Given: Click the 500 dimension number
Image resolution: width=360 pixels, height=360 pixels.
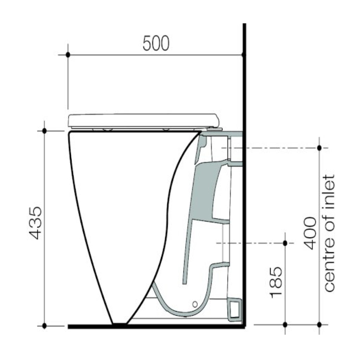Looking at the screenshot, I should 156,43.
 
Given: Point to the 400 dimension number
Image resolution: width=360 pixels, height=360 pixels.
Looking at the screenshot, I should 310,233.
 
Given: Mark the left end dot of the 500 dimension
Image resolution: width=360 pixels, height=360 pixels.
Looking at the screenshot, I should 68,55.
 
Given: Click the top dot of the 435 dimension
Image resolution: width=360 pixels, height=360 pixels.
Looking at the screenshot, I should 44,131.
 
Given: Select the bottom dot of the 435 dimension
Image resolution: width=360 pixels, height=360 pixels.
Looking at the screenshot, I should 44,326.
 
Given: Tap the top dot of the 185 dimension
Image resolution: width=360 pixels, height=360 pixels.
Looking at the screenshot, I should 285,243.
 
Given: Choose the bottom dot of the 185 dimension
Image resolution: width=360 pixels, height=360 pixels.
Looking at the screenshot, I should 285,324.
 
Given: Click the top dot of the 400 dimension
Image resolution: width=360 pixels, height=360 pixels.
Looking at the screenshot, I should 319,148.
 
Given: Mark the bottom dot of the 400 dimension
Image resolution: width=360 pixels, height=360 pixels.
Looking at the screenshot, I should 319,324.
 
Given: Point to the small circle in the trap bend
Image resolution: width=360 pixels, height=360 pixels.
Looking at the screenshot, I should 195,303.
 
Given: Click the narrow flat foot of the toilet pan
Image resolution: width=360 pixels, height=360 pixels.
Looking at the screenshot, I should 120,324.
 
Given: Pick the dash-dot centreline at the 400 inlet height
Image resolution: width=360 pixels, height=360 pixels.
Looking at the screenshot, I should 274,148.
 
